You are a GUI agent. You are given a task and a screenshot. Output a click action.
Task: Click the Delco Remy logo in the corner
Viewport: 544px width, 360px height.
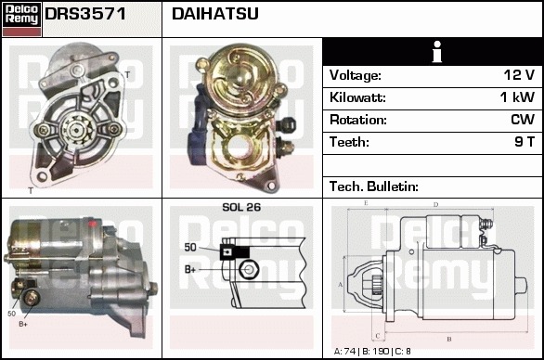click(x=21, y=19)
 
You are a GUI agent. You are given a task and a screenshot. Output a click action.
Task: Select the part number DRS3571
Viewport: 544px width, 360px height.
click(x=85, y=14)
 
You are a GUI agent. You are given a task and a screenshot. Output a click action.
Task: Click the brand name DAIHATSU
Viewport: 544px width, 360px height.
click(x=215, y=14)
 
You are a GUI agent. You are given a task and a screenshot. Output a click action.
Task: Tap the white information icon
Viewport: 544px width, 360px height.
click(x=437, y=52)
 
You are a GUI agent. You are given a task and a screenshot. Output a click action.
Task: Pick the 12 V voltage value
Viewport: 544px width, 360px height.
click(x=519, y=75)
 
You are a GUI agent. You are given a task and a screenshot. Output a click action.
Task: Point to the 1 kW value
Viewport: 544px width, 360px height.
click(x=517, y=97)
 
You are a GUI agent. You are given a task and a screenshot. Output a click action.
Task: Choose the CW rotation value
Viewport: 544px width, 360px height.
click(x=523, y=120)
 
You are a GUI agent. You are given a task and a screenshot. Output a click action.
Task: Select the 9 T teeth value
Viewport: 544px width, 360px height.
click(x=525, y=142)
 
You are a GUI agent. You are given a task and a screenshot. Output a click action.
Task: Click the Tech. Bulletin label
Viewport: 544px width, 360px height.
click(x=374, y=186)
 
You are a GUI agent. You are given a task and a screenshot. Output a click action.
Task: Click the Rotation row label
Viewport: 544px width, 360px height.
click(x=358, y=120)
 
